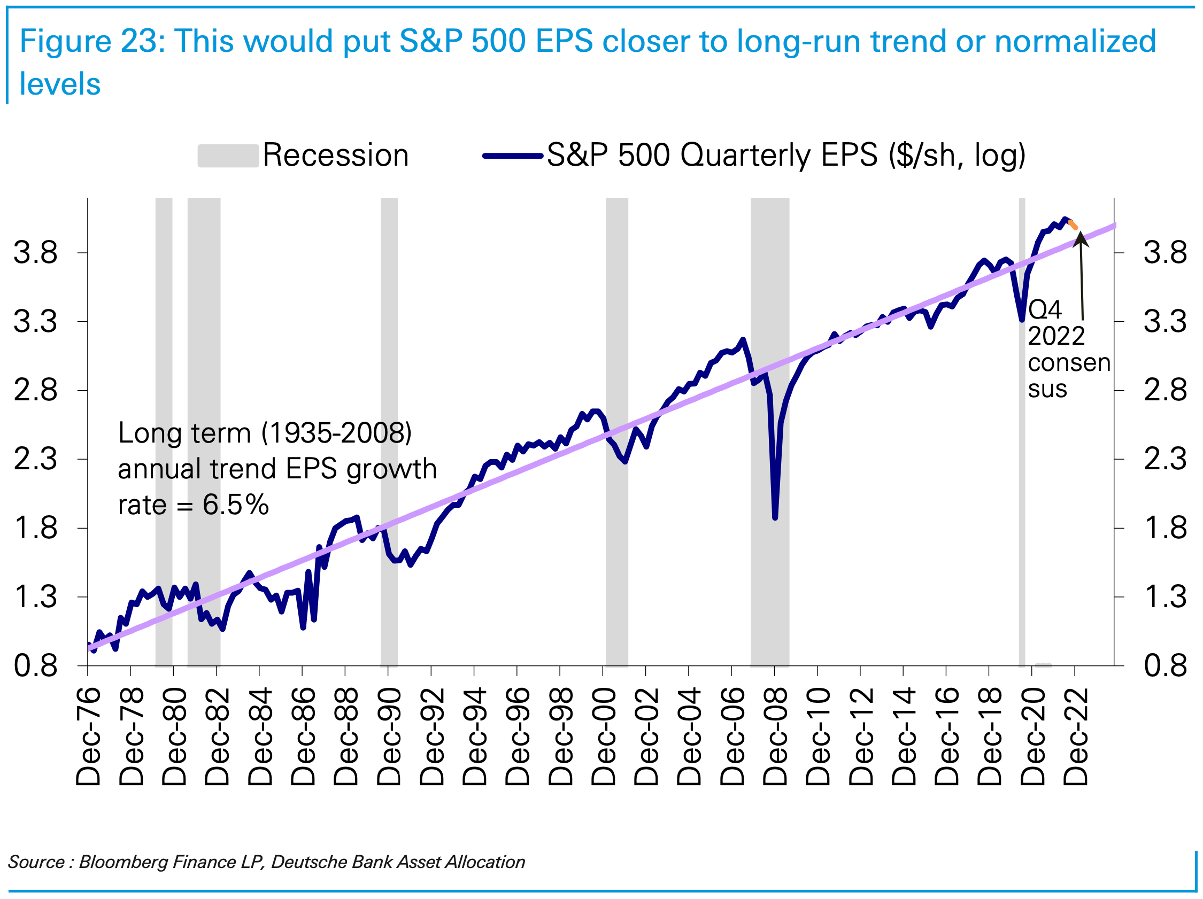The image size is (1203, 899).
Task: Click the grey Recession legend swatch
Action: pyautogui.click(x=228, y=156)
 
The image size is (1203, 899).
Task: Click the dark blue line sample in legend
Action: pyautogui.click(x=513, y=156)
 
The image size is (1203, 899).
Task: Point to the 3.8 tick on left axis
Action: pyautogui.click(x=35, y=253)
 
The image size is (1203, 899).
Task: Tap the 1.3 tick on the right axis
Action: pyautogui.click(x=1165, y=597)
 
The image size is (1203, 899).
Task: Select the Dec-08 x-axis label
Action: pyautogui.click(x=775, y=737)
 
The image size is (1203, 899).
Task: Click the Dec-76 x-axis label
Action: pyautogui.click(x=88, y=737)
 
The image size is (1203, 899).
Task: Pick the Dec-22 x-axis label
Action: pyautogui.click(x=1076, y=737)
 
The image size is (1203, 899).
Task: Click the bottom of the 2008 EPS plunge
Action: pyautogui.click(x=775, y=517)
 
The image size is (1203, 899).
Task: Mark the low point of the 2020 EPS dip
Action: pyautogui.click(x=1022, y=319)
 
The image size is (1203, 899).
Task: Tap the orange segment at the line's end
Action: pyautogui.click(x=1073, y=224)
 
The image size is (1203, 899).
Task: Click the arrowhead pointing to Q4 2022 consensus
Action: pyautogui.click(x=1080, y=237)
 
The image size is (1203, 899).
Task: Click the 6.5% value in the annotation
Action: pyautogui.click(x=235, y=505)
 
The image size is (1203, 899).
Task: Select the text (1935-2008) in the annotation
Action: pyautogui.click(x=336, y=433)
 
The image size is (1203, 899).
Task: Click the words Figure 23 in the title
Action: pyautogui.click(x=91, y=41)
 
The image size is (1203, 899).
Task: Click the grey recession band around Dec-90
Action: pyautogui.click(x=389, y=381)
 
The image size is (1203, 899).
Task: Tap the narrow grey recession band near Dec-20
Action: pyautogui.click(x=1022, y=489)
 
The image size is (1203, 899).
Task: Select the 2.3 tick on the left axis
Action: pyautogui.click(x=35, y=460)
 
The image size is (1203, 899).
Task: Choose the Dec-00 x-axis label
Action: pyautogui.click(x=603, y=737)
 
